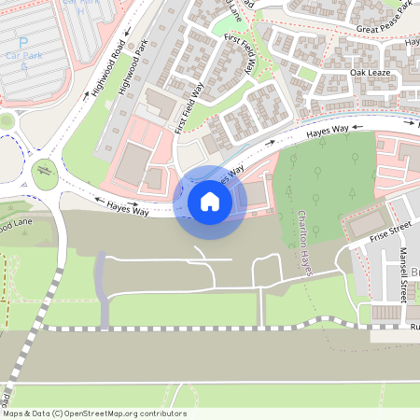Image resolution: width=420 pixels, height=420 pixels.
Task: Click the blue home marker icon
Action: point(209,202)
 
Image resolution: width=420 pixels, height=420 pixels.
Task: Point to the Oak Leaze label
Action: point(369,73)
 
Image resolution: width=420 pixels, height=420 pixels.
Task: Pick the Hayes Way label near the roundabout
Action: point(128,209)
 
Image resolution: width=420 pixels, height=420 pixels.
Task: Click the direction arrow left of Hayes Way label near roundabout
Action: point(96,200)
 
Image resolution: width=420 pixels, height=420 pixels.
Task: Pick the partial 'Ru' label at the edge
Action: point(414,328)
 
